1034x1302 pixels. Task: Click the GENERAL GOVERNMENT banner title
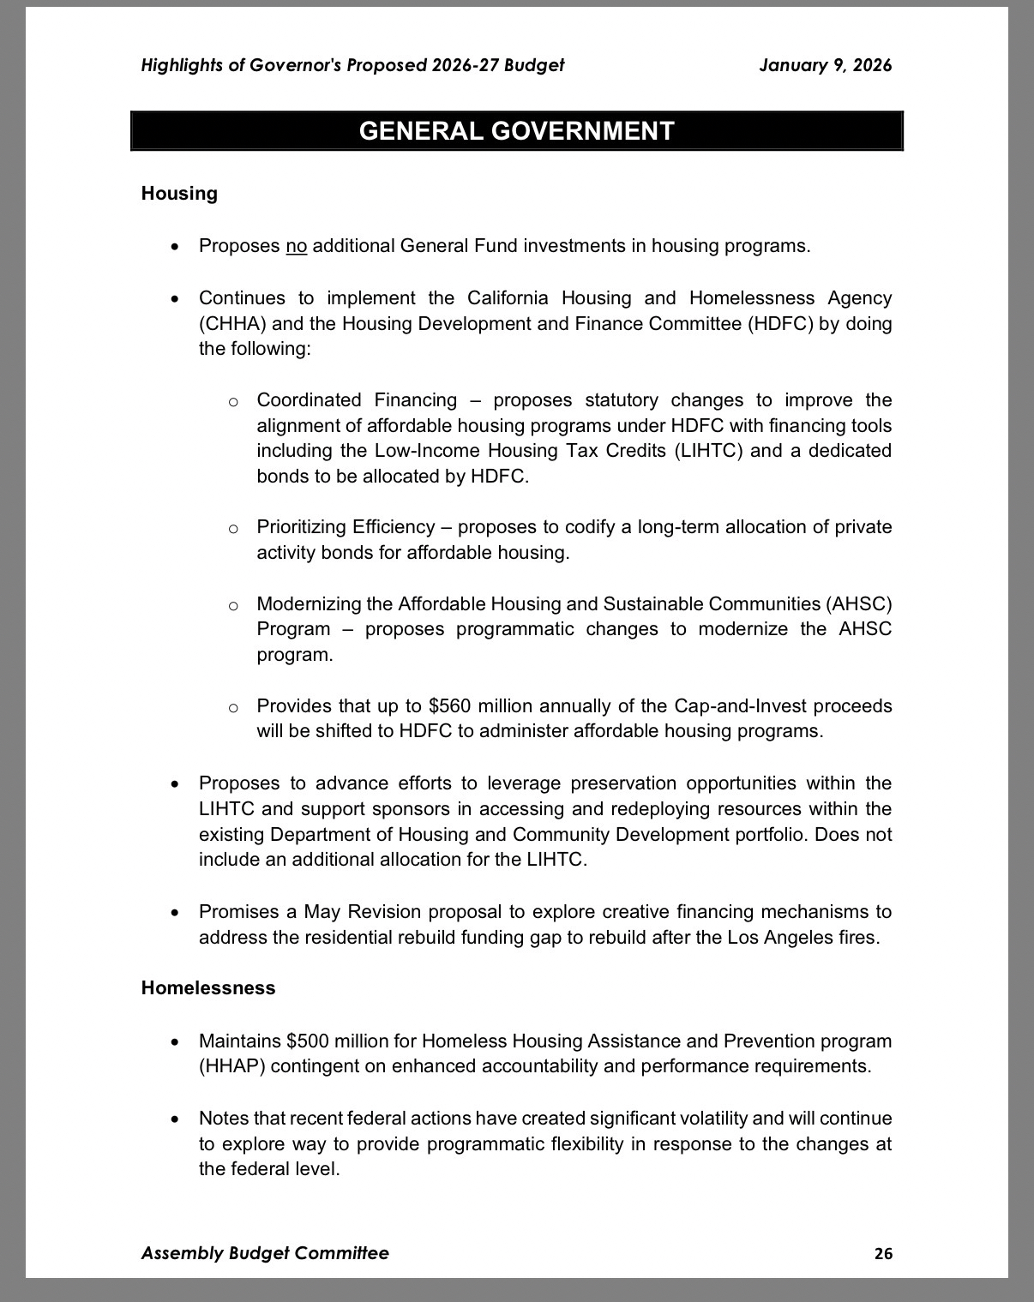pos(516,131)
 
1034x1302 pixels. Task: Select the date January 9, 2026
pos(825,65)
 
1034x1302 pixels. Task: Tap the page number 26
pos(883,1253)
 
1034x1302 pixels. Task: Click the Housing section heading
pos(179,194)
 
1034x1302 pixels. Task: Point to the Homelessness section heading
pos(208,988)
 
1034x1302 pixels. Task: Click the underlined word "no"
pos(296,247)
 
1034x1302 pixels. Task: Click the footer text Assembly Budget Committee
pos(265,1253)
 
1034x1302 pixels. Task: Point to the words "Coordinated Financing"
pos(357,400)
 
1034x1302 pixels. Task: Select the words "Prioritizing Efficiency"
pos(346,527)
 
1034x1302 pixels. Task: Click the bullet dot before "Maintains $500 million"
pos(175,1042)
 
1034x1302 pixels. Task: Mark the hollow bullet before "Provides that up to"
pos(233,708)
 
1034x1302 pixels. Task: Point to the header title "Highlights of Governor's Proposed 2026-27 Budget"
pos(352,65)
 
